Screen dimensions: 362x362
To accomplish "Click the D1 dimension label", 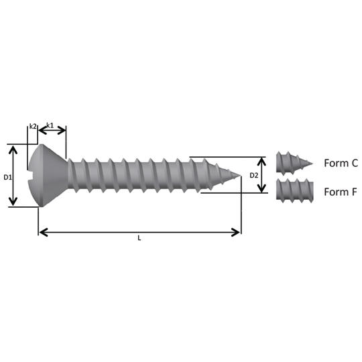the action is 7,177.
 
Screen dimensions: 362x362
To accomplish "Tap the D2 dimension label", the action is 254,176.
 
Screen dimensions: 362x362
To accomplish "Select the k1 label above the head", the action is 50,125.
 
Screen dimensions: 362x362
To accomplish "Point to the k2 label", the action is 33,126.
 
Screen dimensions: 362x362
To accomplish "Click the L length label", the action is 139,238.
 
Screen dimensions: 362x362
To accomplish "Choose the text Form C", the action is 341,163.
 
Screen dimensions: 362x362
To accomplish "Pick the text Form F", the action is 341,192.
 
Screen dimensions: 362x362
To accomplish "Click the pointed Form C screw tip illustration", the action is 294,163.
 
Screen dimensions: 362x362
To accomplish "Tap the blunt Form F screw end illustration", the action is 295,190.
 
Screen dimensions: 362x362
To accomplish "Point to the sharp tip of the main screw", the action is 241,176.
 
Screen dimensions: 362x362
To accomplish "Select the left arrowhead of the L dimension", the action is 44,232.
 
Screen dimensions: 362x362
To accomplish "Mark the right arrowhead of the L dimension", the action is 235,232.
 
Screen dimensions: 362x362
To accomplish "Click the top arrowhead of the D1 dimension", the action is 13,149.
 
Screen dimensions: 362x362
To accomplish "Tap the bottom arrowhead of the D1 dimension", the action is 13,201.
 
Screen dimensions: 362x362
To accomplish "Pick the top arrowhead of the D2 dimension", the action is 261,162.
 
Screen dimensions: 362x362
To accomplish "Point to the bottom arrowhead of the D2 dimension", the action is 261,188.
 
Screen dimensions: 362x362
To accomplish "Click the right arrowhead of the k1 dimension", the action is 62,131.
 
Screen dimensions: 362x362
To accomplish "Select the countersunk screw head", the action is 48,176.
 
